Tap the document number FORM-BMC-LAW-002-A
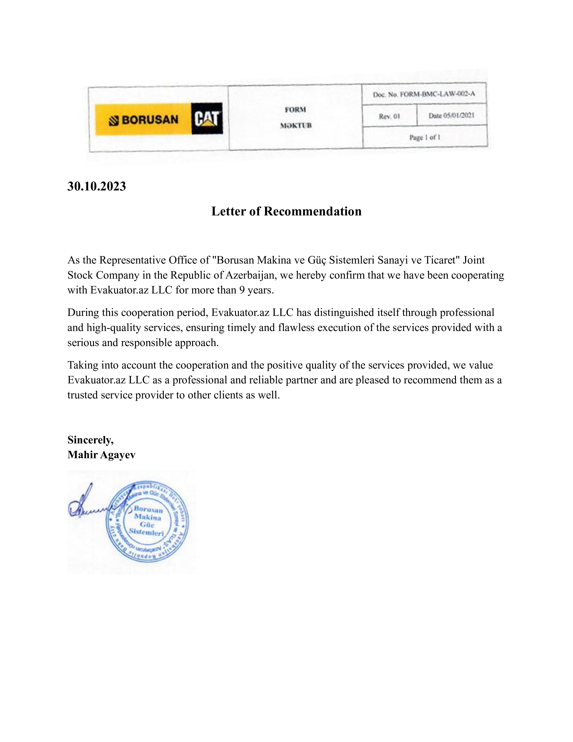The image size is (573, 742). tap(437, 94)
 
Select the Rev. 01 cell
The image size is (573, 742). tap(389, 116)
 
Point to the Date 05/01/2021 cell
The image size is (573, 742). tap(451, 116)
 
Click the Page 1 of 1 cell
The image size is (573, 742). tap(425, 137)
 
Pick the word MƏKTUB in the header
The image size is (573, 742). tap(296, 125)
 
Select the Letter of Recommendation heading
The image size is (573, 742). tap(286, 211)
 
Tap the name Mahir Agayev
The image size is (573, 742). tap(101, 455)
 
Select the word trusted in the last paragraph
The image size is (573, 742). tap(84, 395)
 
